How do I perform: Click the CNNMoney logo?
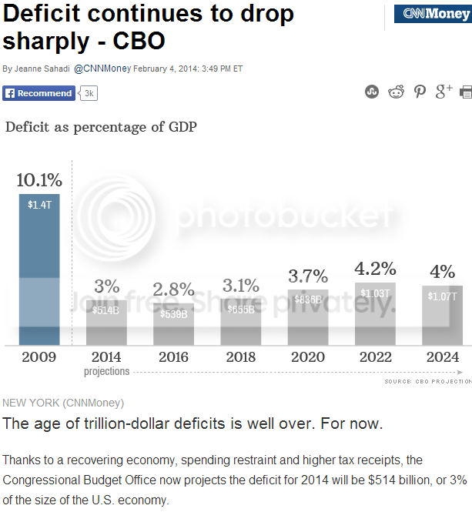[433, 14]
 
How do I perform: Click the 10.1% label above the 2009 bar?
[39, 180]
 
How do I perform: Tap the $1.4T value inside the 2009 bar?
[39, 205]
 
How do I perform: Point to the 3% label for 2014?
[106, 286]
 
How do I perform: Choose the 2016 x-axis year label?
[173, 357]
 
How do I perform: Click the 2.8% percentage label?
[173, 289]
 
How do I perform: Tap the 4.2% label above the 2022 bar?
[375, 269]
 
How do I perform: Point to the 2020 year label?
[308, 357]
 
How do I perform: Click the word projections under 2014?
[106, 371]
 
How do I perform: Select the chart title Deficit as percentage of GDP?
[101, 127]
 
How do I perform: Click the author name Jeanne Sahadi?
[42, 69]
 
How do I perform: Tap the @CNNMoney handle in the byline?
[102, 69]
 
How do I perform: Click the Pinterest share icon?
[420, 92]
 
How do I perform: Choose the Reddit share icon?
[396, 92]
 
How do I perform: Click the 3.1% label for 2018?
[240, 286]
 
